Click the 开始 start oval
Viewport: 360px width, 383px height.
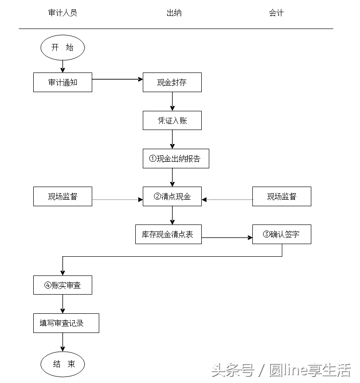[63, 47]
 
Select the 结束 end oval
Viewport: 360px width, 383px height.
[63, 364]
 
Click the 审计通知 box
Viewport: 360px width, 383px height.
[63, 82]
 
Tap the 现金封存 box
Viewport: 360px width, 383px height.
[172, 82]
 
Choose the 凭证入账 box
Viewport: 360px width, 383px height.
[172, 120]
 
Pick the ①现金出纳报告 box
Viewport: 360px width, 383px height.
[176, 159]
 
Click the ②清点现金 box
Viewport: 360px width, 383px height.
[172, 196]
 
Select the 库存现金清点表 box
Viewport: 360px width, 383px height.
[168, 234]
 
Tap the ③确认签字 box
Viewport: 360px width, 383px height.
[281, 234]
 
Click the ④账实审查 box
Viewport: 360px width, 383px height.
[63, 285]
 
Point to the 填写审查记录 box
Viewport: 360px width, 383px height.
[66, 323]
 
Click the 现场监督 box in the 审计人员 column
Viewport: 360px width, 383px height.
[63, 196]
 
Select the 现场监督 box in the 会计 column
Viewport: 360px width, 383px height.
[281, 196]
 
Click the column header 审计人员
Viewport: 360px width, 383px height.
[63, 13]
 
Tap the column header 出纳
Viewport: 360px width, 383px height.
[174, 13]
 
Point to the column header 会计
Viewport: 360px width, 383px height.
[276, 13]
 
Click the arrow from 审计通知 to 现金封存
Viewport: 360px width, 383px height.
[117, 79]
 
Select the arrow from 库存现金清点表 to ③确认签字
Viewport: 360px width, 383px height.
[227, 238]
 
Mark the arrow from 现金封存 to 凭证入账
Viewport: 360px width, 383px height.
[172, 101]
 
